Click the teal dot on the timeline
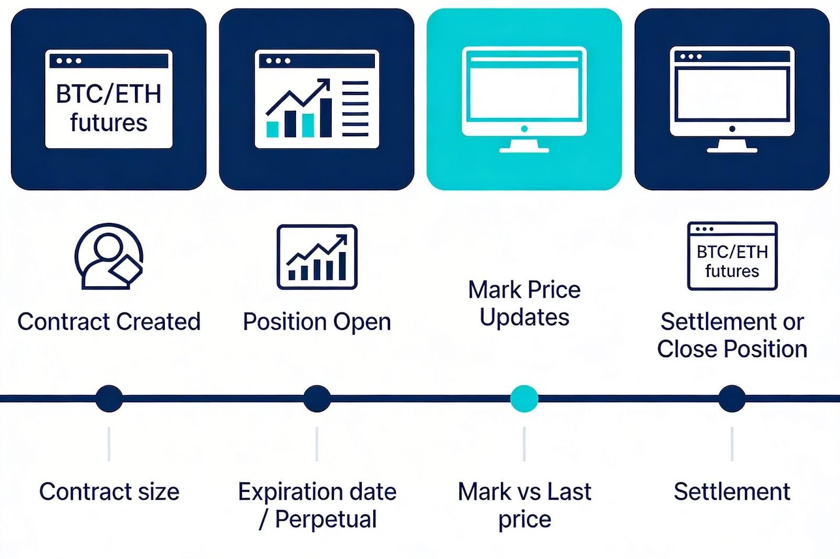pyautogui.click(x=524, y=399)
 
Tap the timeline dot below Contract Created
pyautogui.click(x=109, y=399)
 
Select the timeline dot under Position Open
pyautogui.click(x=317, y=399)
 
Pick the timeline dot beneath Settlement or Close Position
pyautogui.click(x=732, y=399)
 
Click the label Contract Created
pyautogui.click(x=109, y=321)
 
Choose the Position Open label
pyautogui.click(x=317, y=321)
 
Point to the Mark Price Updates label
pyautogui.click(x=524, y=304)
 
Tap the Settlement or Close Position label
pyautogui.click(x=732, y=335)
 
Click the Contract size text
pyautogui.click(x=109, y=492)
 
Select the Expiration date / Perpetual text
pyautogui.click(x=317, y=506)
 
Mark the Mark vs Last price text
pyautogui.click(x=524, y=506)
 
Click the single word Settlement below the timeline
pyautogui.click(x=732, y=492)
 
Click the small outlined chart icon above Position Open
pyautogui.click(x=317, y=257)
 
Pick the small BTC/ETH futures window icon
pyautogui.click(x=732, y=256)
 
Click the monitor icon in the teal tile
pyautogui.click(x=524, y=99)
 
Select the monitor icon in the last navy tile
pyautogui.click(x=732, y=99)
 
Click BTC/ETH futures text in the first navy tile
pyautogui.click(x=109, y=109)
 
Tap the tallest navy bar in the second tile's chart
pyautogui.click(x=325, y=117)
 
